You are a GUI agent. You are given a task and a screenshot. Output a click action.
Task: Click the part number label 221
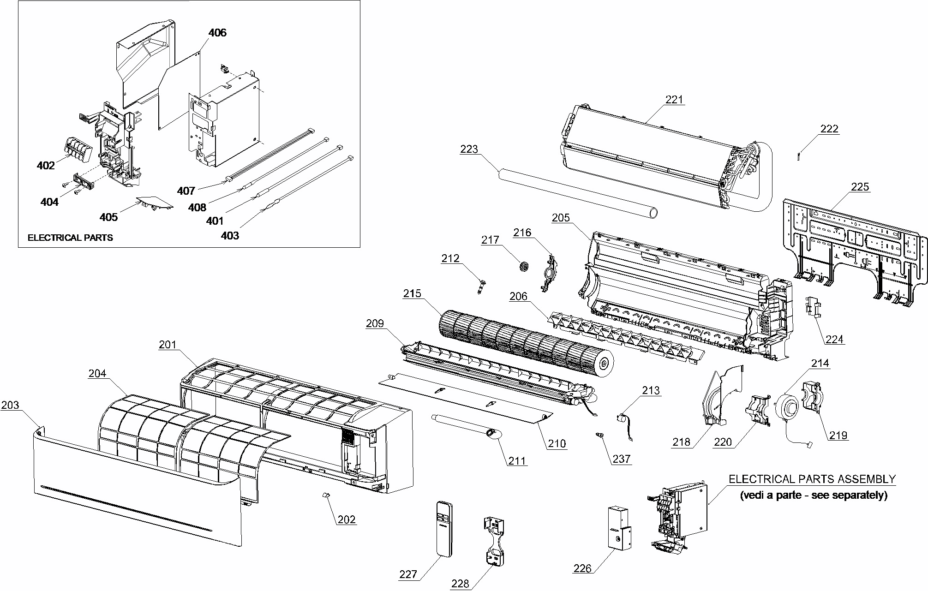[x=674, y=100]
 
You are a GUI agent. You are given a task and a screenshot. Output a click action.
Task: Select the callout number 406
[x=217, y=33]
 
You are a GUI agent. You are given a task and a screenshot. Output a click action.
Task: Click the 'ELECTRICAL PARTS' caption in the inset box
[x=70, y=238]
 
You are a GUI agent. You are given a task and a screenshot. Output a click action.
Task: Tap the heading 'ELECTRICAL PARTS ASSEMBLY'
[x=812, y=479]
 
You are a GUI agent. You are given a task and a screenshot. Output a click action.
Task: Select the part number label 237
[x=621, y=459]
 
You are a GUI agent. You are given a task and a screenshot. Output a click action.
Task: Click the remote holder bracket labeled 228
[x=494, y=541]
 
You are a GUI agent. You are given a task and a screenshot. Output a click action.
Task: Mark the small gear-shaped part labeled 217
[x=523, y=267]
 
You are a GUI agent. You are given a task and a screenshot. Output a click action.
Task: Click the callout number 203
[x=10, y=405]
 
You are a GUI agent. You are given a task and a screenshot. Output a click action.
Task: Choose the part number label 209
[x=375, y=323]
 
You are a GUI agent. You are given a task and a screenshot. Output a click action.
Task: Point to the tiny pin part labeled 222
[x=800, y=156]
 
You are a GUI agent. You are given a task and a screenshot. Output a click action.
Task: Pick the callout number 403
[x=230, y=236]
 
